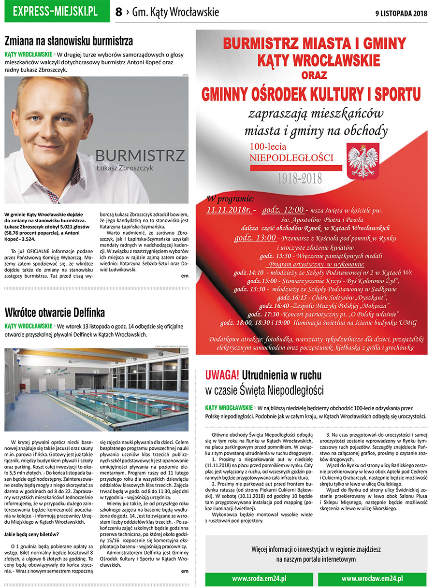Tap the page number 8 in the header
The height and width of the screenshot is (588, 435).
(119, 13)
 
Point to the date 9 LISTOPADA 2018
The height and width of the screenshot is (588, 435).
(401, 13)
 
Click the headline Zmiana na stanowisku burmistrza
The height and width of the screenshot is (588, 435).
(69, 41)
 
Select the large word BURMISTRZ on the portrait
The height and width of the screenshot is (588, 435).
(140, 156)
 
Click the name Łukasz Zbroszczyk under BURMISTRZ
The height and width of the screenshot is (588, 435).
(125, 168)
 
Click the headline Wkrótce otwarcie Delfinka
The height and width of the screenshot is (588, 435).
(55, 312)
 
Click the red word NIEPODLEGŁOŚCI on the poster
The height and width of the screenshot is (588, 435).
(291, 158)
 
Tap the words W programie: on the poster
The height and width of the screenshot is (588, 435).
(230, 198)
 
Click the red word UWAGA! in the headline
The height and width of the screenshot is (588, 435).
(222, 375)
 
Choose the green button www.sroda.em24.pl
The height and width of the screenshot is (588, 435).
(259, 578)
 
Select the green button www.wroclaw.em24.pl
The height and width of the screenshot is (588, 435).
(372, 578)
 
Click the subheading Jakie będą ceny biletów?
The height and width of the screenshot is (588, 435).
(31, 534)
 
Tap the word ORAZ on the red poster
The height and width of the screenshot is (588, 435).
(314, 76)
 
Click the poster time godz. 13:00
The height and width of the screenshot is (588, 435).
(255, 238)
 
